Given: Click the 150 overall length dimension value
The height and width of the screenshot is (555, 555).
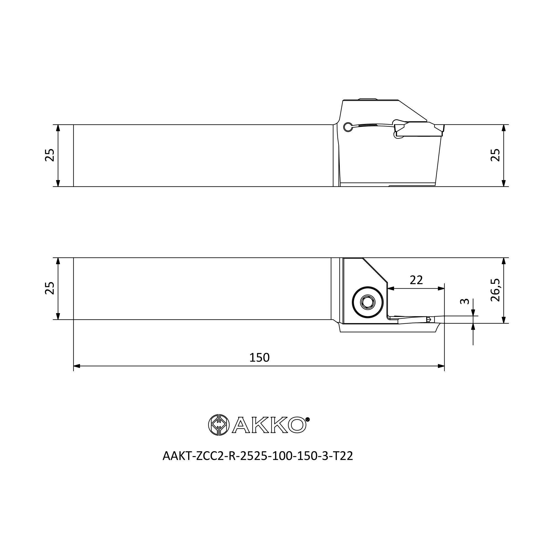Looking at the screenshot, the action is [x=259, y=358].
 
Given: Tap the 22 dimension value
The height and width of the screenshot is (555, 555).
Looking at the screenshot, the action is [x=417, y=280].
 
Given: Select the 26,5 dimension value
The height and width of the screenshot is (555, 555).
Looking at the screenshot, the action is [x=495, y=290].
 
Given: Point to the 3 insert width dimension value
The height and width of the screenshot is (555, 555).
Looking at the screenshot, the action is [x=465, y=301].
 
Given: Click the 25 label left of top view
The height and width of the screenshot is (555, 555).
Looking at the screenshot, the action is [x=50, y=155].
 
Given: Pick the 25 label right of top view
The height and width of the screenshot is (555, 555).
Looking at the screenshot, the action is [x=495, y=155].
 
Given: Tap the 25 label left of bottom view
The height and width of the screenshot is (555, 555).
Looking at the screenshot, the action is [x=50, y=288].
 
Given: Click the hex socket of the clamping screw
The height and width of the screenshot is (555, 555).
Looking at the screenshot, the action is [x=368, y=302].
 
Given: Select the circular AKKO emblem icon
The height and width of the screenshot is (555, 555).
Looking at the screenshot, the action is [x=219, y=425].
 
